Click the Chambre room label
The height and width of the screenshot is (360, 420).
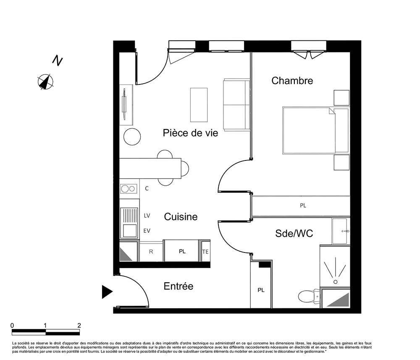(x=292, y=80)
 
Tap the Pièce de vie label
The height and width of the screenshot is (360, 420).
(x=190, y=133)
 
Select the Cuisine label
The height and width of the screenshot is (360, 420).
(x=181, y=217)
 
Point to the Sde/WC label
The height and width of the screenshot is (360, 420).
(x=294, y=233)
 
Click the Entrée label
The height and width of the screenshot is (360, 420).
(x=178, y=286)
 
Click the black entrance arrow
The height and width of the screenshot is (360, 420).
(x=107, y=292)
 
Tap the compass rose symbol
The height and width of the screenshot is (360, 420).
(x=45, y=81)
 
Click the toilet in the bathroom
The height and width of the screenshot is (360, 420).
(x=309, y=297)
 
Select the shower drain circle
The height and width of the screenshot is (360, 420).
(x=335, y=282)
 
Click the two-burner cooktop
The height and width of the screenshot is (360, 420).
(x=129, y=189)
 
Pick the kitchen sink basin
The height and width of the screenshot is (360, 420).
(x=130, y=230)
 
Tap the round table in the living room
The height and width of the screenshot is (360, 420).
(x=132, y=137)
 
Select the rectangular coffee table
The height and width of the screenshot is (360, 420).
(x=199, y=105)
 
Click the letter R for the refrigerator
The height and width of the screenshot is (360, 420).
(x=151, y=252)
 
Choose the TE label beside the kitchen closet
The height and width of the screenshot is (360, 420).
(x=205, y=252)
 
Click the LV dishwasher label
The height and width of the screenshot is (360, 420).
(x=147, y=215)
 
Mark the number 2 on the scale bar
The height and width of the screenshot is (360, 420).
(x=79, y=326)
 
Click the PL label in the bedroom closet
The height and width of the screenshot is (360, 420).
(x=303, y=205)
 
